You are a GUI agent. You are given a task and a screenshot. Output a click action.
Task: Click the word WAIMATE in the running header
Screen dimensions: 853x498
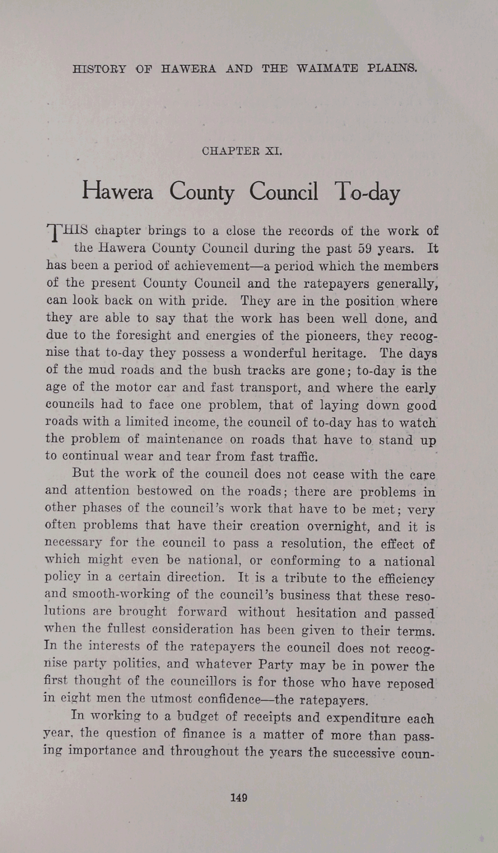click(x=327, y=69)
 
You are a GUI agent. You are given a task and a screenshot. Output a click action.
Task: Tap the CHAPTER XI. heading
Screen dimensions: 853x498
click(x=242, y=151)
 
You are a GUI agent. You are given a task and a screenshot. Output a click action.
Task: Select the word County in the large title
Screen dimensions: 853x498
click(x=202, y=192)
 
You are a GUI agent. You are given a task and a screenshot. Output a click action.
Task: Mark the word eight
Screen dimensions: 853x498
click(x=73, y=698)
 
